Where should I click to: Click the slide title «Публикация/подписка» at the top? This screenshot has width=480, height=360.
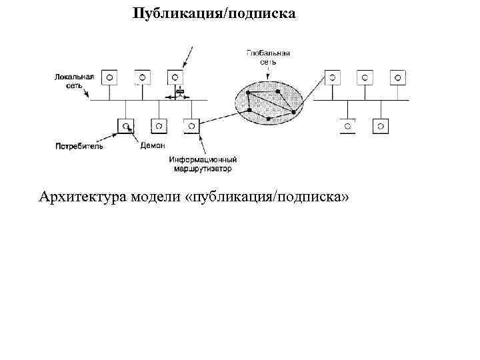tap(213, 13)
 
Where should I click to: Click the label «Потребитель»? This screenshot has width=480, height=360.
tap(79, 145)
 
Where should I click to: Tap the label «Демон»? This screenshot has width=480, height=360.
tap(152, 145)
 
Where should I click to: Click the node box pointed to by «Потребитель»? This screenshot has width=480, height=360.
tap(125, 125)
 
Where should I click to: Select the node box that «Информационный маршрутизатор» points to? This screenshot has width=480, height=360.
tap(191, 125)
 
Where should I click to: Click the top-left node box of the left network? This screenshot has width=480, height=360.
tap(109, 77)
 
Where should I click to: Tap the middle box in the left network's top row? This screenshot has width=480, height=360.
tap(142, 77)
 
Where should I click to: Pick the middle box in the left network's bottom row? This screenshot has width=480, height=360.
tap(158, 125)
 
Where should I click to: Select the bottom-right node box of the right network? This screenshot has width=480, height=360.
tap(380, 125)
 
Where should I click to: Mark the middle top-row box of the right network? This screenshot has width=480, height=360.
tap(365, 77)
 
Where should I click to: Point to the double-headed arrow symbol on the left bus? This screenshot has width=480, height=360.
tap(177, 97)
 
